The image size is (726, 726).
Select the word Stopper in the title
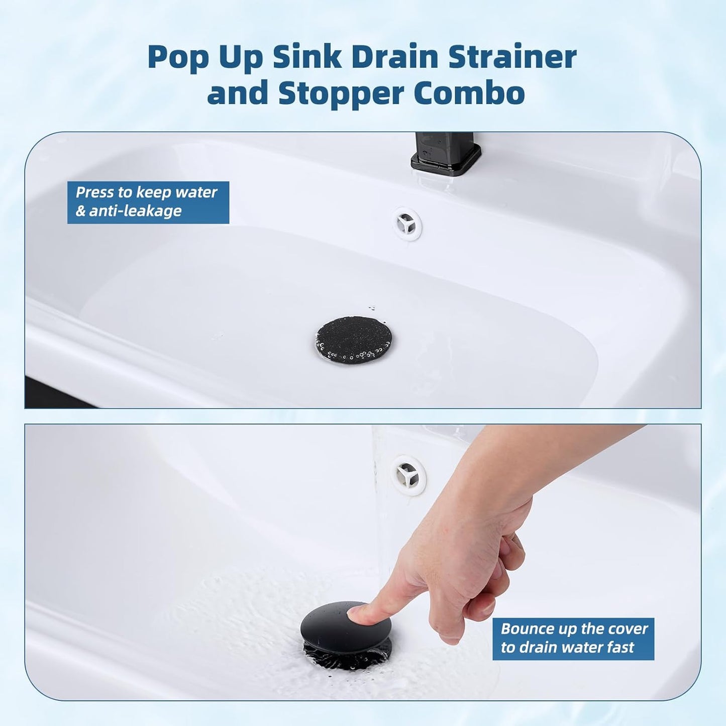tap(341, 93)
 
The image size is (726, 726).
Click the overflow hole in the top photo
tap(406, 223)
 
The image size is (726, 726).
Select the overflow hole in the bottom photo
tap(408, 475)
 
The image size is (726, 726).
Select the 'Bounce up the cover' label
tap(574, 629)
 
